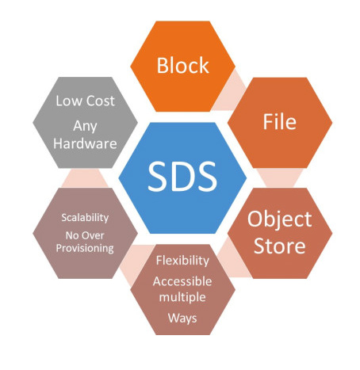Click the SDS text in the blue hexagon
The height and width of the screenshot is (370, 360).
[x=182, y=177]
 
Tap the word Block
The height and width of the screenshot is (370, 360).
[x=183, y=65]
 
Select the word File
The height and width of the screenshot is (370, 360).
[x=279, y=121]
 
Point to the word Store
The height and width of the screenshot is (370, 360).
[x=280, y=246]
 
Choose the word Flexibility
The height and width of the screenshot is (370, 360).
[x=182, y=261]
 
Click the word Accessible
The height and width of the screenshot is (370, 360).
[x=182, y=281]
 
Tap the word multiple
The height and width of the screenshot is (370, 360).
[x=182, y=298]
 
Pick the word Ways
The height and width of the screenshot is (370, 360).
[x=182, y=318]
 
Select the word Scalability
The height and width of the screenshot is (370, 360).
[x=85, y=218]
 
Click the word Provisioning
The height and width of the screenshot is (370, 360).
[x=85, y=249]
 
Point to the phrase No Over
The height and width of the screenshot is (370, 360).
[x=85, y=235]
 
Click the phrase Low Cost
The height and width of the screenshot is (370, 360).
[x=85, y=101]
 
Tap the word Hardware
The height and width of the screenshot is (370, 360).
[x=85, y=144]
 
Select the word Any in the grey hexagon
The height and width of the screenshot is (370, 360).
[x=85, y=126]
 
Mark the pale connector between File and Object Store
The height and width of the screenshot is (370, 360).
[x=280, y=177]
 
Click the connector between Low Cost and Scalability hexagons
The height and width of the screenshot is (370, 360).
[x=85, y=177]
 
